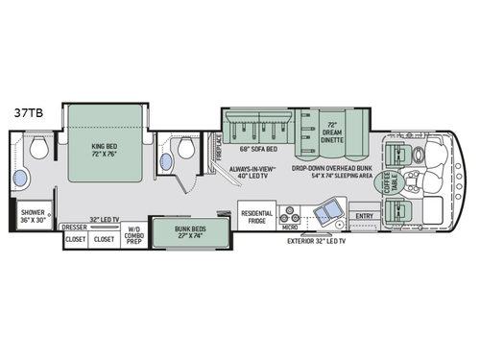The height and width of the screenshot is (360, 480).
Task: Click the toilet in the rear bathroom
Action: point(38,148)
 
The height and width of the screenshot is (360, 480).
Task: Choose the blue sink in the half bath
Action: point(166,162)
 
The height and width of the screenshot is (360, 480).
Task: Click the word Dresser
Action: point(74,228)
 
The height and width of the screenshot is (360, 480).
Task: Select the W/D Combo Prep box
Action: point(132,238)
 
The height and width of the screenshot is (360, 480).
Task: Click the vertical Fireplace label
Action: point(217,149)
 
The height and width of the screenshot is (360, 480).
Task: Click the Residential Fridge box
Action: point(256,217)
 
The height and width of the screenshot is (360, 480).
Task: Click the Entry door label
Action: point(364,216)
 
